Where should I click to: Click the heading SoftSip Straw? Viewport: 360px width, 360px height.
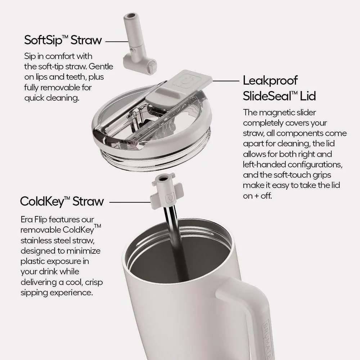coord(63,40)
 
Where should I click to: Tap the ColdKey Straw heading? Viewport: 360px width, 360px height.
coord(62,201)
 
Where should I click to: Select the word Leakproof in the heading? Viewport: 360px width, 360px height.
coord(270,81)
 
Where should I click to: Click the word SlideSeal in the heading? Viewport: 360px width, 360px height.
coord(267,96)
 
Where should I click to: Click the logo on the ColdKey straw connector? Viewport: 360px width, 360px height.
coord(170,197)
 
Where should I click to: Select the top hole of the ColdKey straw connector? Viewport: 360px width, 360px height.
coord(163,178)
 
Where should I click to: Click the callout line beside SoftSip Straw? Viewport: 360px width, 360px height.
coord(117,41)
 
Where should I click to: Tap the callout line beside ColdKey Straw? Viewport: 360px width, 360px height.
coord(130,202)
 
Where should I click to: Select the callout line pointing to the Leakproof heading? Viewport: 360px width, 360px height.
coord(226,81)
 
